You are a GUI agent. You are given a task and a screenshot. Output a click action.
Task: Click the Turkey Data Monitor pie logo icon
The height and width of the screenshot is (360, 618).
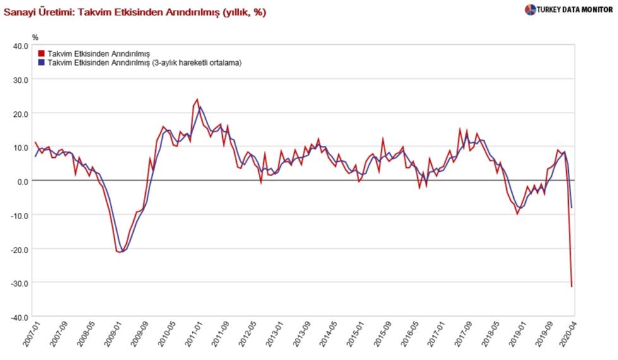point(530,9)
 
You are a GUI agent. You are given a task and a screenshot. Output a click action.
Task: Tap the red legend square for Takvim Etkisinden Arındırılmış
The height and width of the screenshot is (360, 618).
point(42,54)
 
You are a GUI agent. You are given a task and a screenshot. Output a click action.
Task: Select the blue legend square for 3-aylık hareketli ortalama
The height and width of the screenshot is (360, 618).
point(42,63)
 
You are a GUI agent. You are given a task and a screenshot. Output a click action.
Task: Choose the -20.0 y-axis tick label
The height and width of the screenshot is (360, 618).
point(19,249)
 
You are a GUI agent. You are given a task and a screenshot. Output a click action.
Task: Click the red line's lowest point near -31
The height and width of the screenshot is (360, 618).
point(572,287)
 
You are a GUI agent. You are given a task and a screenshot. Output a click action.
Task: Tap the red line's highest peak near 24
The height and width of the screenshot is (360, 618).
point(197,99)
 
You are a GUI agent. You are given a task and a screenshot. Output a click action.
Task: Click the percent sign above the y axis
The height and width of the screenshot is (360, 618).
point(35,37)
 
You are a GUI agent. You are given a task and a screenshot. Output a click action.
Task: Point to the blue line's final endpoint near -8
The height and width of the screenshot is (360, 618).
point(572,207)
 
